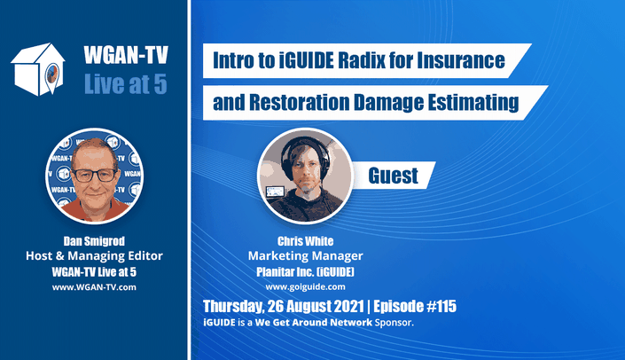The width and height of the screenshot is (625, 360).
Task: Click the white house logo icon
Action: [38, 69]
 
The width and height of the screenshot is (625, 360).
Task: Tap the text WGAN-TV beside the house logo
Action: [126, 55]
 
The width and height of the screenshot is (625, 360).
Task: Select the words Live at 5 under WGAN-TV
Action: [126, 84]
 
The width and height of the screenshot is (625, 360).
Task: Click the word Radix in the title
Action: [362, 60]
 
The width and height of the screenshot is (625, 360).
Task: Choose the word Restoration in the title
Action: [300, 102]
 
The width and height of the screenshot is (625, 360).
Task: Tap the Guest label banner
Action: [393, 176]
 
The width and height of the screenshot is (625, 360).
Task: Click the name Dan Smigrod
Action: [94, 241]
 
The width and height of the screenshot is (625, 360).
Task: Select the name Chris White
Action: [305, 241]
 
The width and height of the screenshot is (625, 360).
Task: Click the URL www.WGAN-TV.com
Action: [94, 287]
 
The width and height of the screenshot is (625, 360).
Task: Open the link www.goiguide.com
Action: [305, 287]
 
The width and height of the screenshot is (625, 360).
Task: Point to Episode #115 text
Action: [415, 306]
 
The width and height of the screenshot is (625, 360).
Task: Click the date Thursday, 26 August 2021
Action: [284, 307]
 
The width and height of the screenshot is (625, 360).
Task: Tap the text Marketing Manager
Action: [305, 256]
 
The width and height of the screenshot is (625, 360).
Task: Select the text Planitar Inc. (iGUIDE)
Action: [305, 272]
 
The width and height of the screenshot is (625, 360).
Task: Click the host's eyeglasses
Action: [94, 176]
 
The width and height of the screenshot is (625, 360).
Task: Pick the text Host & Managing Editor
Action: [94, 256]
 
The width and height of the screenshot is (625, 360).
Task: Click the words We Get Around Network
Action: [314, 323]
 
